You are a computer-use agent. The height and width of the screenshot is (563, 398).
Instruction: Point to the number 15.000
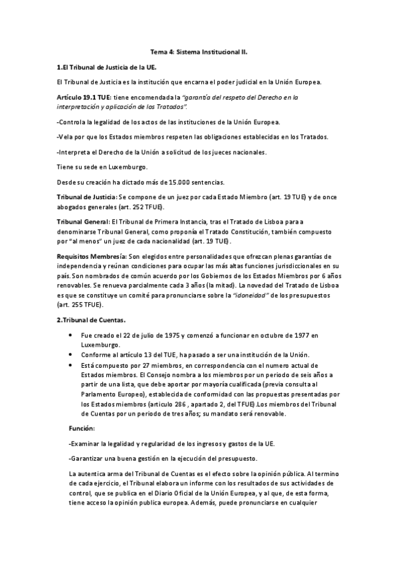click(x=169, y=182)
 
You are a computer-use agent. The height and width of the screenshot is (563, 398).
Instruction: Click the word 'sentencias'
click(x=208, y=182)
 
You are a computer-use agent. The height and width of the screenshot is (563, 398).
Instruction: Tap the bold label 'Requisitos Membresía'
click(x=91, y=256)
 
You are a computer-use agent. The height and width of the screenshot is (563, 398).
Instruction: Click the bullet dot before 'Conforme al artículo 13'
click(x=71, y=355)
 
